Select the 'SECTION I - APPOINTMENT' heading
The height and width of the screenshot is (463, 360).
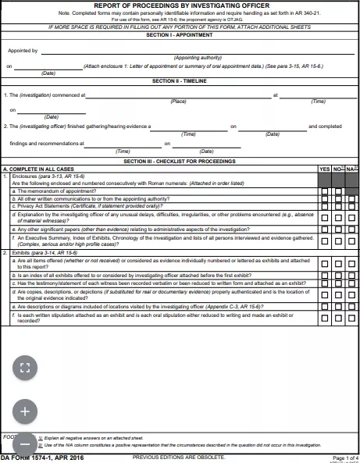(x=180, y=36)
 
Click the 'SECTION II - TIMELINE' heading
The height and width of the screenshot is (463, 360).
(x=180, y=81)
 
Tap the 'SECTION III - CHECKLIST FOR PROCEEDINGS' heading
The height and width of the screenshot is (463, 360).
(x=180, y=161)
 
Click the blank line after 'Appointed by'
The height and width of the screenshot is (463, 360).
(x=195, y=52)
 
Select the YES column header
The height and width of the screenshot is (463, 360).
(x=325, y=169)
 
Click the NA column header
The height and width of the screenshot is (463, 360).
(x=351, y=169)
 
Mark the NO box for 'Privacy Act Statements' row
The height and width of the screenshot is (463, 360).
(x=338, y=206)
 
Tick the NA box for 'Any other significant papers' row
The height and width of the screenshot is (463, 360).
(x=351, y=230)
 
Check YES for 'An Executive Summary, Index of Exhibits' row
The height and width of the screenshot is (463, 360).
(x=325, y=242)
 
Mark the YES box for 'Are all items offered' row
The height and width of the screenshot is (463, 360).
(x=325, y=265)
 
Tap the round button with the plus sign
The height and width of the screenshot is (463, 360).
(x=24, y=410)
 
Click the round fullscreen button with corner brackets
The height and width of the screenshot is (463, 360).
(x=24, y=367)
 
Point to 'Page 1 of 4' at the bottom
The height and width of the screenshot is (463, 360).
(x=344, y=457)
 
